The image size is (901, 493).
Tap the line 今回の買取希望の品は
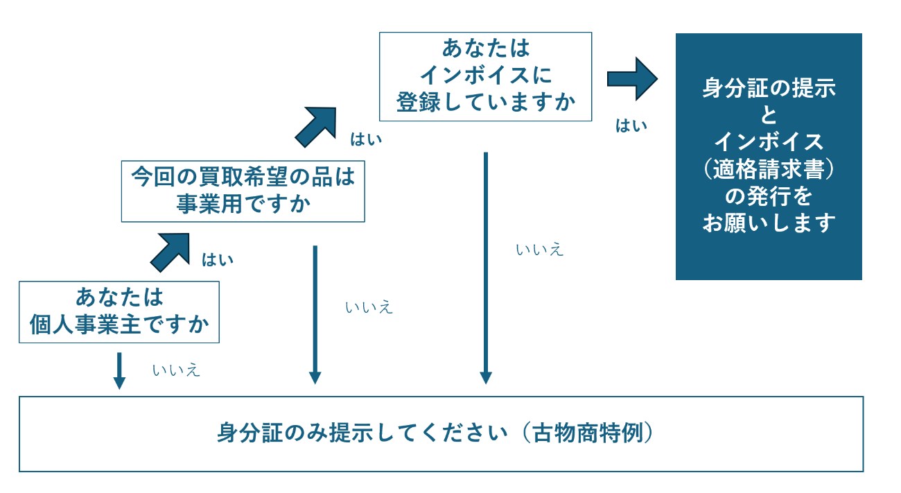(243, 177)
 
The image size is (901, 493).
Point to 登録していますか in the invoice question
(485, 103)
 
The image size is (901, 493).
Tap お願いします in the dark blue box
(769, 223)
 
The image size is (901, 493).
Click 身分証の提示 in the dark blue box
(769, 89)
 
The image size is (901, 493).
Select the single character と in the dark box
(769, 115)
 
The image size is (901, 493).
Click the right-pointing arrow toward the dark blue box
(631, 78)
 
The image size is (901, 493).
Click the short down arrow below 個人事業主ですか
(119, 370)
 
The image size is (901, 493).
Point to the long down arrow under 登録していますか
(486, 268)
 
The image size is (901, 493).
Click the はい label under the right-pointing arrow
(631, 126)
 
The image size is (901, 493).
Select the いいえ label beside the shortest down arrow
(176, 370)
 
